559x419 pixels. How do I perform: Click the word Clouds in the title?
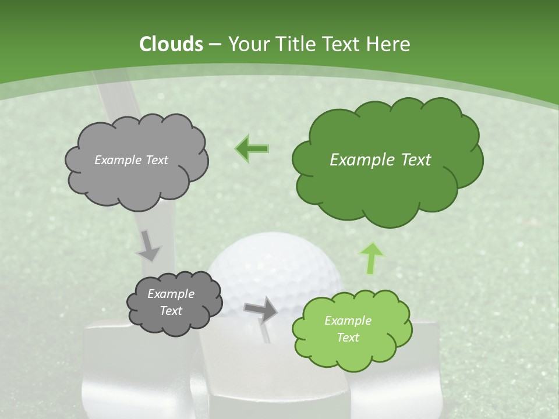(171, 44)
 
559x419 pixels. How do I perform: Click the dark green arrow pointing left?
(252, 148)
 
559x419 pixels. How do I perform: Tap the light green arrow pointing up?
(371, 258)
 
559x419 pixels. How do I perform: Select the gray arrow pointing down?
(148, 246)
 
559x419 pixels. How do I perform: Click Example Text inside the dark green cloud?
(380, 159)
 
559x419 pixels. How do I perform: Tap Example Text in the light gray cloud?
(131, 159)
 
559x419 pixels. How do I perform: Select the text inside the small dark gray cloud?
(171, 302)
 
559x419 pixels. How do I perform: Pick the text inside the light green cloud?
(348, 329)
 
